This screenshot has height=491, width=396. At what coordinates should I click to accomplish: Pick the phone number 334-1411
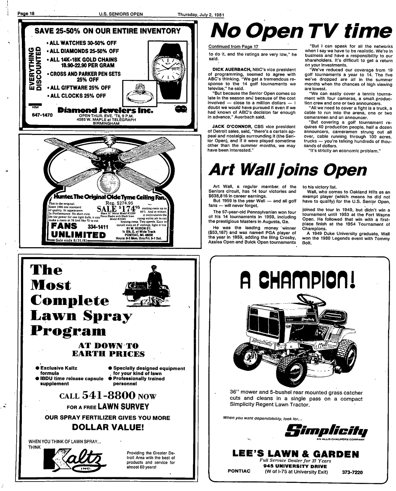[x=99, y=226]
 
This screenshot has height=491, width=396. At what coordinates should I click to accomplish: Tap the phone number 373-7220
[x=352, y=473]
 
